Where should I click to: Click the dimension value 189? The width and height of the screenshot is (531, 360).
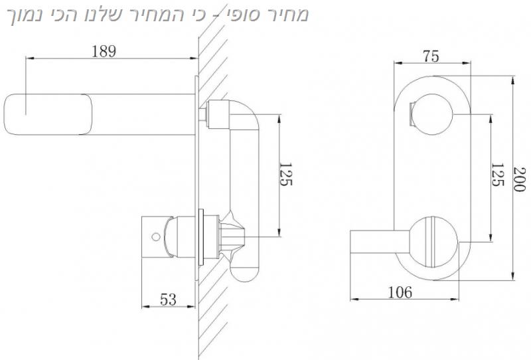pos(104,51)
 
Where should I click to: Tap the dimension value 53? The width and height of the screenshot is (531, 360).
pos(169,300)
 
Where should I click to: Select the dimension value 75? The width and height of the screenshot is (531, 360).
pos(431,56)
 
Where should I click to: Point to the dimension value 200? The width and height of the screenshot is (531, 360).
pos(519,179)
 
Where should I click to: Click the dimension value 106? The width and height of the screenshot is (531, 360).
pos(400,292)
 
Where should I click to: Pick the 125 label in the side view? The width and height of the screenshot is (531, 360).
pos(285,174)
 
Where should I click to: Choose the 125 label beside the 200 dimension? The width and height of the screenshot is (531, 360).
pos(497,175)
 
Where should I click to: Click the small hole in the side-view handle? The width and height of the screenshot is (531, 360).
pos(156,236)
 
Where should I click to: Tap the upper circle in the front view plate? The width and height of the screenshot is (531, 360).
pos(431,115)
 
